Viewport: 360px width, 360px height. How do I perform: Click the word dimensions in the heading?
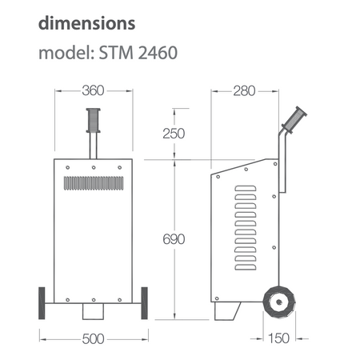pyautogui.click(x=87, y=23)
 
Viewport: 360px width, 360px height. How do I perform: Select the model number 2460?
pyautogui.click(x=158, y=53)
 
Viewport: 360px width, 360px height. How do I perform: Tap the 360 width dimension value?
pyautogui.click(x=93, y=90)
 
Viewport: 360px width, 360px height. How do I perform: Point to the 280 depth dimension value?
pyautogui.click(x=244, y=91)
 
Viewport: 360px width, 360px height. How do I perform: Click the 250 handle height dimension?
pyautogui.click(x=174, y=134)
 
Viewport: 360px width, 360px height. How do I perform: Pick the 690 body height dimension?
pyautogui.click(x=174, y=239)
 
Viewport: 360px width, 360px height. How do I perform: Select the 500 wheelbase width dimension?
pyautogui.click(x=93, y=339)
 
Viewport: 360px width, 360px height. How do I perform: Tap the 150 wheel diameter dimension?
pyautogui.click(x=279, y=338)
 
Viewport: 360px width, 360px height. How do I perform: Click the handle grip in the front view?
pyautogui.click(x=94, y=120)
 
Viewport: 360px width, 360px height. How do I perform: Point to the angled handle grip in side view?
pyautogui.click(x=294, y=120)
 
